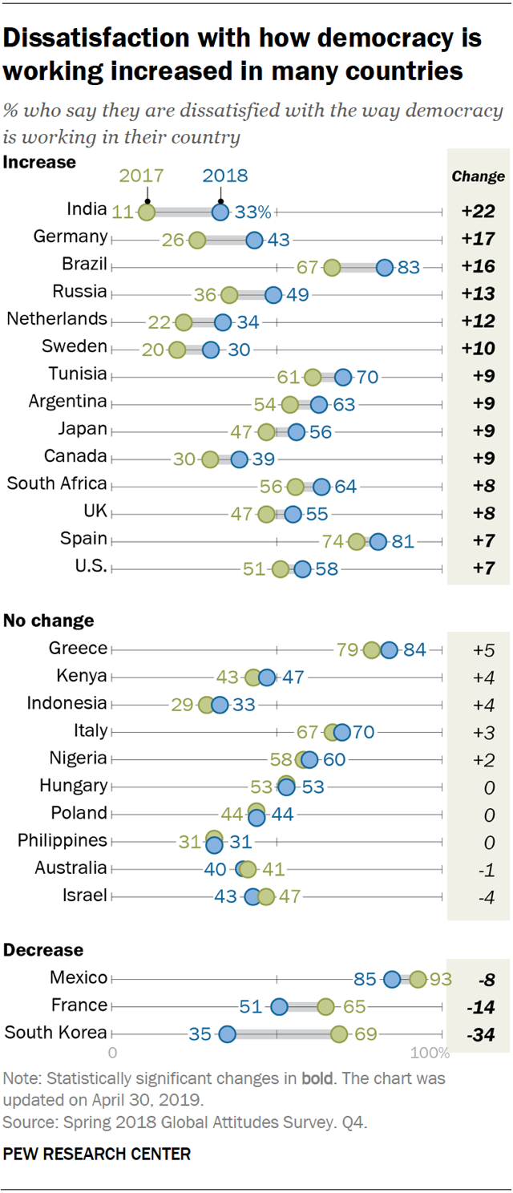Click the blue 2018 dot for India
[x=220, y=212]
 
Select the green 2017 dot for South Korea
[x=339, y=1033]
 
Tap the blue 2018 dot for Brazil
[x=385, y=267]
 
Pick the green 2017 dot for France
[x=325, y=1006]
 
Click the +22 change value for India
[x=478, y=212]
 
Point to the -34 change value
[x=478, y=1033]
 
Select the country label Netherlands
[x=57, y=319]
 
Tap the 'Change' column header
[x=478, y=176]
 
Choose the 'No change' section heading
[x=49, y=621]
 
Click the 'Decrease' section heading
[x=43, y=950]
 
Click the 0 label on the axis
[x=112, y=1053]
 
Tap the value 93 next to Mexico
[x=440, y=979]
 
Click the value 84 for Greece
[x=414, y=649]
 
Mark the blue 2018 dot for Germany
[x=254, y=240]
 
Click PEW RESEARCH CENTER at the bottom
[x=97, y=1155]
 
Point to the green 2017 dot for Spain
[x=357, y=541]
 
